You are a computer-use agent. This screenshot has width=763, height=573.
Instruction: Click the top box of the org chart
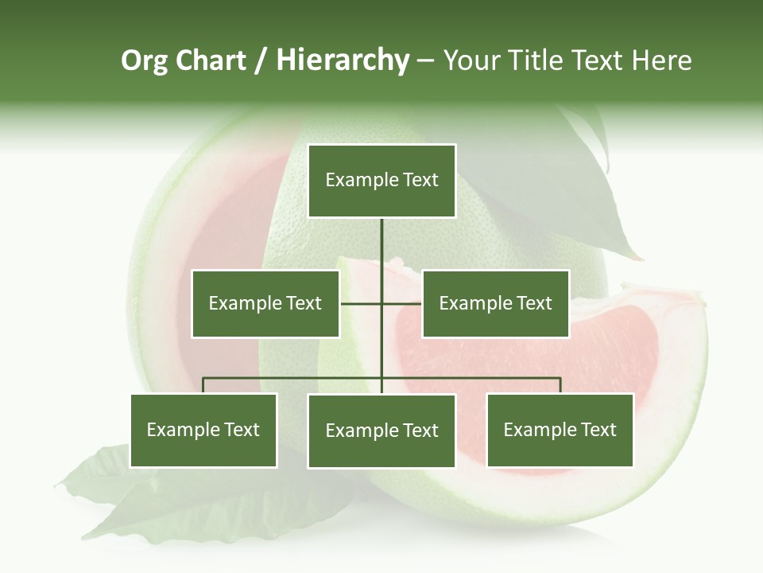[x=381, y=181]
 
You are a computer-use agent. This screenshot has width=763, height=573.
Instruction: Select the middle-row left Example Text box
[x=265, y=303]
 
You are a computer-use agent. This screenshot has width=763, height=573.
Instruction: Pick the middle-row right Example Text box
[x=495, y=303]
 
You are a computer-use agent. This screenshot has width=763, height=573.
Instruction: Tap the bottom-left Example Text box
[x=203, y=430]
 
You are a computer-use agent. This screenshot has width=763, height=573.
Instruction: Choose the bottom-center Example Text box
[x=381, y=431]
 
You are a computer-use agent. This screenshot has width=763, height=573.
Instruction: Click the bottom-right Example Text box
[x=560, y=430]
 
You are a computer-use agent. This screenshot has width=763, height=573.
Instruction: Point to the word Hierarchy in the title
[x=343, y=60]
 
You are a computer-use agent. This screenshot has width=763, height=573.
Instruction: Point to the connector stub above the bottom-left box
[x=203, y=386]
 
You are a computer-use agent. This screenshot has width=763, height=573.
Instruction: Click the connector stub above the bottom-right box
[x=560, y=386]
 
